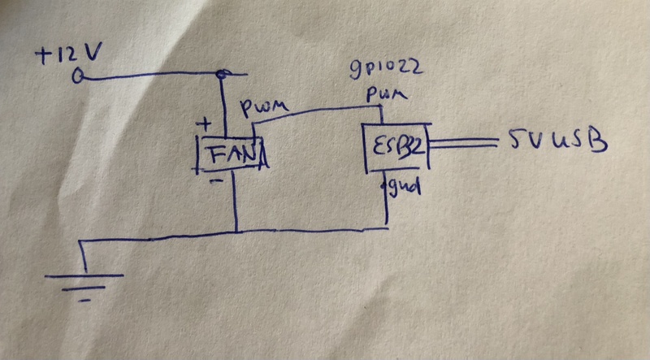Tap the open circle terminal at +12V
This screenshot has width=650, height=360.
(80, 77)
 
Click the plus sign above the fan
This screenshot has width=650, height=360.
(206, 126)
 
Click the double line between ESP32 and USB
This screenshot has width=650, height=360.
(463, 145)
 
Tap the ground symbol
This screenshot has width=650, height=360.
(84, 281)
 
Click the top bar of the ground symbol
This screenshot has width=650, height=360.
(84, 275)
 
